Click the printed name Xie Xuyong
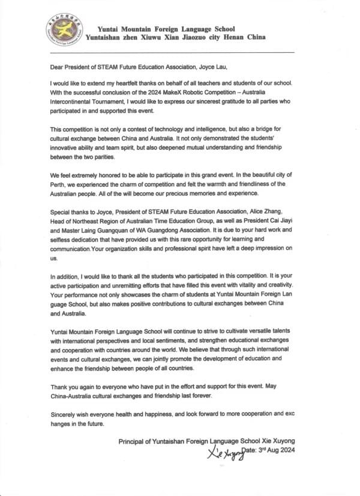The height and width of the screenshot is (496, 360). coord(280,441)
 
